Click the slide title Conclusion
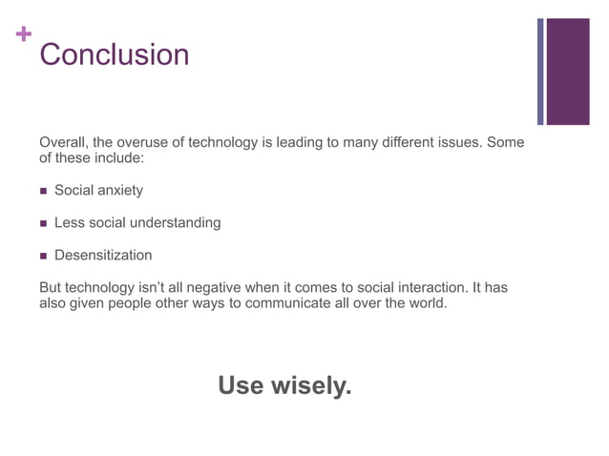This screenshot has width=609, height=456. (x=114, y=54)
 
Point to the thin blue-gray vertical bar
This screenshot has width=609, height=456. (x=540, y=72)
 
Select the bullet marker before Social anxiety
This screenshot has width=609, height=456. (x=43, y=191)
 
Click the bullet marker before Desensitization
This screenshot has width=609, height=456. (x=43, y=256)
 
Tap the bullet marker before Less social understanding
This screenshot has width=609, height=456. (x=43, y=223)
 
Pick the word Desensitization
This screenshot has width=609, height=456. (x=103, y=256)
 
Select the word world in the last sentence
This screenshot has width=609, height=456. (x=426, y=304)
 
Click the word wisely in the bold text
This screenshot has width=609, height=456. (x=312, y=386)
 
